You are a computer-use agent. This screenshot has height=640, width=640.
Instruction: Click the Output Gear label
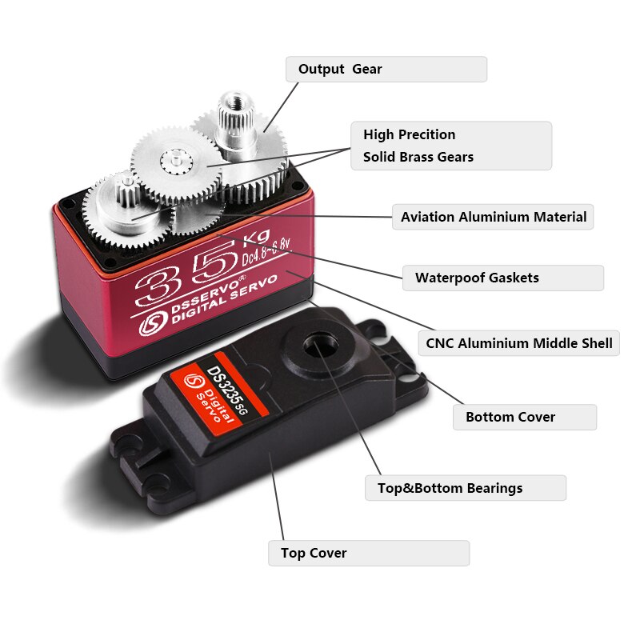pyautogui.click(x=386, y=69)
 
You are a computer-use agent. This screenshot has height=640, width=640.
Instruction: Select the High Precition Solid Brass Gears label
pyautogui.click(x=451, y=146)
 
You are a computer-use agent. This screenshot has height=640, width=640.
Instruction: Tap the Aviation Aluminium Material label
pyautogui.click(x=493, y=217)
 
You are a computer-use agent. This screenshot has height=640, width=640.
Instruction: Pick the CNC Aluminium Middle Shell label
pyautogui.click(x=519, y=344)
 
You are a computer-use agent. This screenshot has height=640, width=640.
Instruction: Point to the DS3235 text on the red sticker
pyautogui.click(x=217, y=389)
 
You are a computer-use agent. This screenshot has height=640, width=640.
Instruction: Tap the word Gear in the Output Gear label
pyautogui.click(x=367, y=69)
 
